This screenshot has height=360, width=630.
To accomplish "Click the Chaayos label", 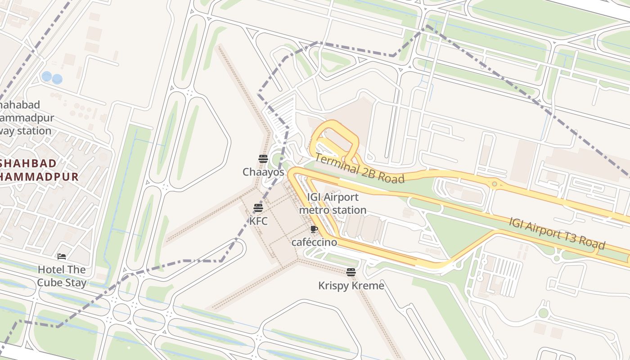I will (263, 172).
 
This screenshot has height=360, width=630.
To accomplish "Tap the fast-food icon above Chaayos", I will (263, 158).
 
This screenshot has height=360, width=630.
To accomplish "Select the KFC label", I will (258, 221).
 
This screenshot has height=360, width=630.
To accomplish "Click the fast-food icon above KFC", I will (258, 208).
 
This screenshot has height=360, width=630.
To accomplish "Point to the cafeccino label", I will (314, 242).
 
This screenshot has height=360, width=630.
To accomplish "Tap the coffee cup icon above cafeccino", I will (314, 229).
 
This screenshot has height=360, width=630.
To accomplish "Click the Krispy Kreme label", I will (351, 286).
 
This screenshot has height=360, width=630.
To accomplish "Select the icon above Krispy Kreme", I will (351, 272).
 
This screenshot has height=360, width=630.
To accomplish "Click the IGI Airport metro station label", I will (333, 203).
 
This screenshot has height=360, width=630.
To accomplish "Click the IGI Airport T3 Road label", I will (557, 233).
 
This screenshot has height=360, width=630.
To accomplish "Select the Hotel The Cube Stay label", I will (62, 276).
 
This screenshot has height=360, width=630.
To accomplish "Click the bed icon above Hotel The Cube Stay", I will (62, 256).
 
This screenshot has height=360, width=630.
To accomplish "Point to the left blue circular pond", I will (46, 76).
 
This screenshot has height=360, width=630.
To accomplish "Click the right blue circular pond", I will (57, 79).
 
